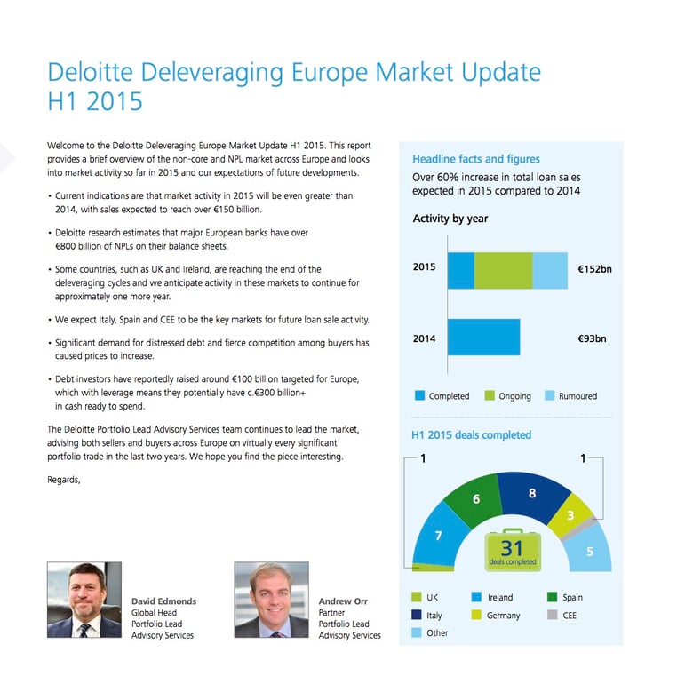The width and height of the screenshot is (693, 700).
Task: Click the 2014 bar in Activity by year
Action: [x=483, y=338]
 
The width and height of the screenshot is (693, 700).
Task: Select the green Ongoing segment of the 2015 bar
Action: [x=503, y=270]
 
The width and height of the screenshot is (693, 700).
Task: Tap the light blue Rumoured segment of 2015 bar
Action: [x=549, y=270]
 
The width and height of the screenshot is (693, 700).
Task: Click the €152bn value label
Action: [x=594, y=268]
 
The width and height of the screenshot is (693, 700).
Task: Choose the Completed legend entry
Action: [x=442, y=396]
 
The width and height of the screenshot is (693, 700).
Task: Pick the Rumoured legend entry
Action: [x=570, y=396]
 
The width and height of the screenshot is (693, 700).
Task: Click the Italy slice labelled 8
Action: [x=531, y=494]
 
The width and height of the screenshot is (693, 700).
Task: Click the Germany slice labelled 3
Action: [x=570, y=516]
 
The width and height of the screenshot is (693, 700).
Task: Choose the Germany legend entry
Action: [x=501, y=615]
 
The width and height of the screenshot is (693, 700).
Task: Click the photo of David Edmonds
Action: [x=84, y=600]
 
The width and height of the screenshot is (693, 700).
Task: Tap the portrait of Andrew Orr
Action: [x=270, y=600]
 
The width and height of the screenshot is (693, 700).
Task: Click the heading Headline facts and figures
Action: [x=475, y=159]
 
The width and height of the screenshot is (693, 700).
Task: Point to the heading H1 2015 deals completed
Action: [x=471, y=435]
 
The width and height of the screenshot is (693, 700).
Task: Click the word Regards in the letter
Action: [x=63, y=480]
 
